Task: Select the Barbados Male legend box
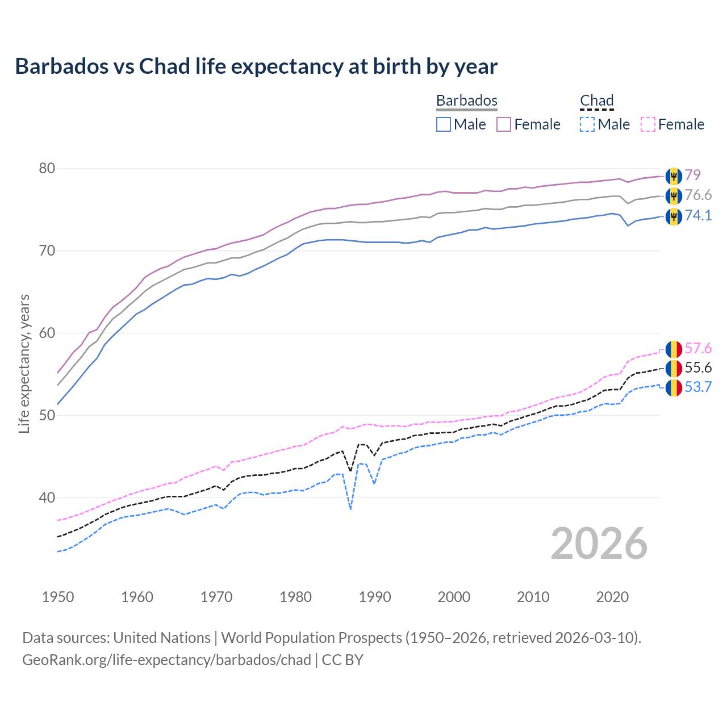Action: (x=444, y=124)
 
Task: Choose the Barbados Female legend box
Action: (x=504, y=124)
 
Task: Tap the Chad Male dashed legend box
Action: (x=587, y=124)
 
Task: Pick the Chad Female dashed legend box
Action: (x=647, y=124)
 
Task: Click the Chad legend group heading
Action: (x=596, y=101)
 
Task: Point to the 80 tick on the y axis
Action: (x=47, y=169)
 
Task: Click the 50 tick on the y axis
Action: (x=47, y=416)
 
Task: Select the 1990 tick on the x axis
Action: (x=375, y=597)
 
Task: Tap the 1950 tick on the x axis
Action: (x=58, y=597)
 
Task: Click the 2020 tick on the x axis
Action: (x=612, y=597)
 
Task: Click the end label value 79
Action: (x=692, y=175)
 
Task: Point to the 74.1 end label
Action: (x=698, y=215)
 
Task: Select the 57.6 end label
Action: (x=698, y=348)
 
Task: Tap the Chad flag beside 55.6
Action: (x=674, y=368)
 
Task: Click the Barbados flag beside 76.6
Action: (x=674, y=196)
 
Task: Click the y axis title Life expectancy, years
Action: (x=24, y=363)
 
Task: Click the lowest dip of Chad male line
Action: (x=351, y=509)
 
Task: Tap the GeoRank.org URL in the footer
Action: (x=166, y=660)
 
